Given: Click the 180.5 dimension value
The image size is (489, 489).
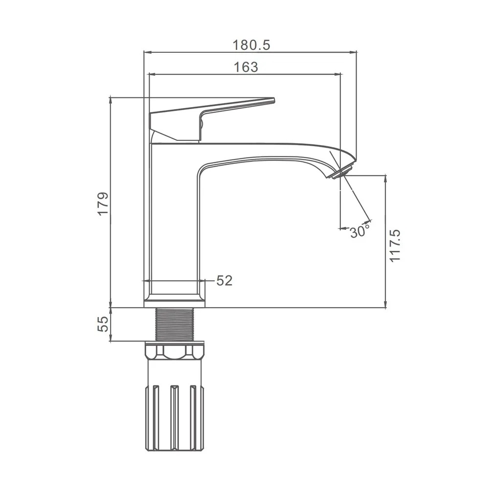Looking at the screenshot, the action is pyautogui.click(x=251, y=45).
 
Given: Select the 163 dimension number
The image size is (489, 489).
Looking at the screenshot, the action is pyautogui.click(x=246, y=67).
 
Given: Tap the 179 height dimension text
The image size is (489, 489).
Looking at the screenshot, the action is pyautogui.click(x=103, y=203).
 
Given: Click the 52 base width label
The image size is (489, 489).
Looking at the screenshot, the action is pyautogui.click(x=224, y=281).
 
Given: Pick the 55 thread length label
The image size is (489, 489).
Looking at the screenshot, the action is pyautogui.click(x=103, y=324).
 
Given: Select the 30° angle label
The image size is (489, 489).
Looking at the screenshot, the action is pyautogui.click(x=359, y=232).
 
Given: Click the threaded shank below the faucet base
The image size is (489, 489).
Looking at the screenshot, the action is pyautogui.click(x=175, y=324).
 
